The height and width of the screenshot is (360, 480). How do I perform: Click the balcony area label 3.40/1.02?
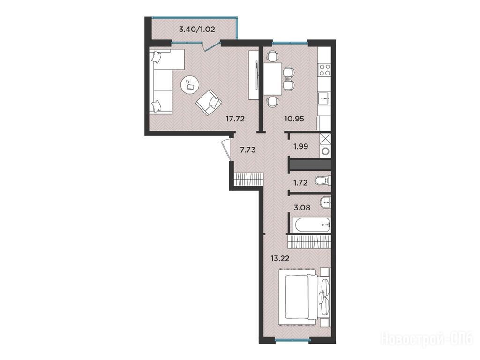pyautogui.click(x=196, y=30)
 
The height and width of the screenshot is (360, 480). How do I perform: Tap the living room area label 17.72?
pyautogui.click(x=235, y=119)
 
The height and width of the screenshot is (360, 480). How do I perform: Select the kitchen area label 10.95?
pyautogui.click(x=294, y=119)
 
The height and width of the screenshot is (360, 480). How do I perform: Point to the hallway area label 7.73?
pyautogui.click(x=247, y=150)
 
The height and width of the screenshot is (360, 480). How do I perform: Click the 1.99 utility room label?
pyautogui.click(x=301, y=146)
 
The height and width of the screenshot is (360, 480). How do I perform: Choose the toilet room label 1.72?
pyautogui.click(x=300, y=183)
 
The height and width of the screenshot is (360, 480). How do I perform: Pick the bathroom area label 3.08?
pyautogui.click(x=302, y=208)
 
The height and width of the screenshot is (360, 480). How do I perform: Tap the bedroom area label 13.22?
pyautogui.click(x=280, y=258)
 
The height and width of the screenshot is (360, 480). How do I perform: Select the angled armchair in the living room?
pyautogui.click(x=209, y=103)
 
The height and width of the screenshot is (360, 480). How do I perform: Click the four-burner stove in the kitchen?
pyautogui.click(x=324, y=70)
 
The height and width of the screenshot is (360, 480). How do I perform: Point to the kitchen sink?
pyautogui.click(x=324, y=98)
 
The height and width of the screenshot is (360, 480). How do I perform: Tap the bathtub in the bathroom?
pyautogui.click(x=309, y=225)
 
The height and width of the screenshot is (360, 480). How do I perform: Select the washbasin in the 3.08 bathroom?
pyautogui.click(x=325, y=202)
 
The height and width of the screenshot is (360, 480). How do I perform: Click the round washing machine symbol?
pyautogui.click(x=325, y=151)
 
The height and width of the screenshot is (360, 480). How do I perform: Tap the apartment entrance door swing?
pyautogui.click(x=226, y=150)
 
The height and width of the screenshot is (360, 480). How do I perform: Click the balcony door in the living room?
pyautogui.click(x=212, y=45)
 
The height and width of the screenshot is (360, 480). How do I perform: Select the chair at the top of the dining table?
pyautogui.click(x=273, y=56)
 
